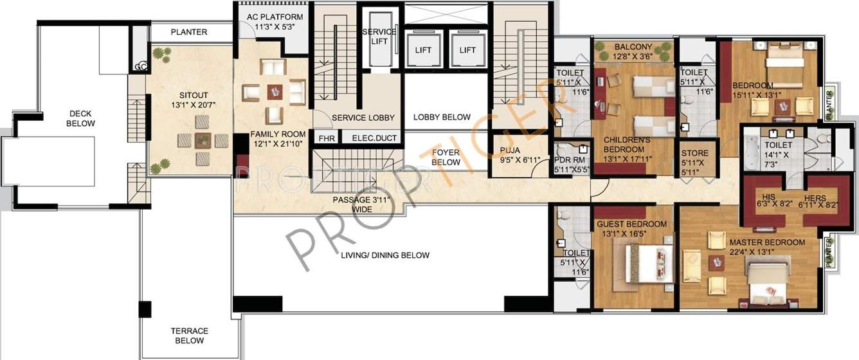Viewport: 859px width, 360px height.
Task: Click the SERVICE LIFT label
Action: coord(379,37)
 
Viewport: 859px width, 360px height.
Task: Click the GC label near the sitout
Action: coord(140,66)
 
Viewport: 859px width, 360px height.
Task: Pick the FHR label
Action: coord(322,138)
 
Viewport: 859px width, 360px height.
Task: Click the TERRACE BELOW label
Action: coord(190,336)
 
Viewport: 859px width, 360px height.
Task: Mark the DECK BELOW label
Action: coord(82,118)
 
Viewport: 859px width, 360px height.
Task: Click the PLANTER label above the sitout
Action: coord(189,32)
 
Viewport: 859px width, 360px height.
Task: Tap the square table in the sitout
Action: coord(203,139)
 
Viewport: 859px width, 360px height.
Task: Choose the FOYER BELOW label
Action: coord(446,157)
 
